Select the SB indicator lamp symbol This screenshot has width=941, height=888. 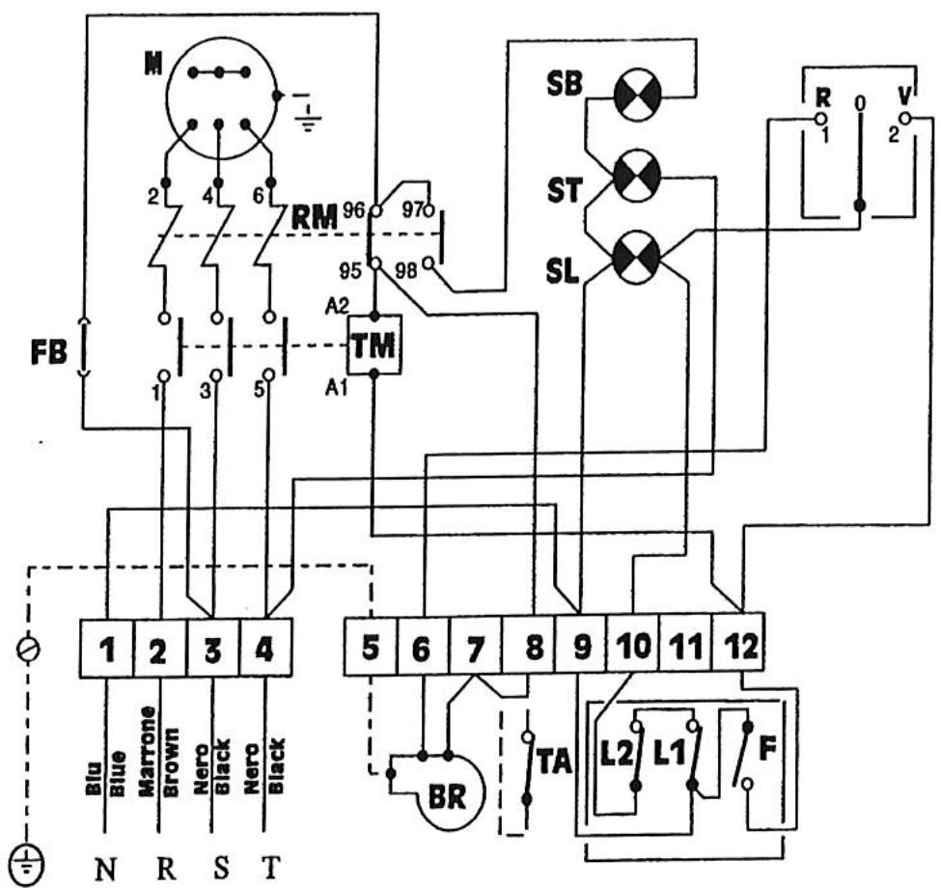[637, 97]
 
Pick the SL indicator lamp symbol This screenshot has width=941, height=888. [637, 257]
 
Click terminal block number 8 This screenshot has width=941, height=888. [532, 649]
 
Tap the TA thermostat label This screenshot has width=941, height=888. [556, 762]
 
